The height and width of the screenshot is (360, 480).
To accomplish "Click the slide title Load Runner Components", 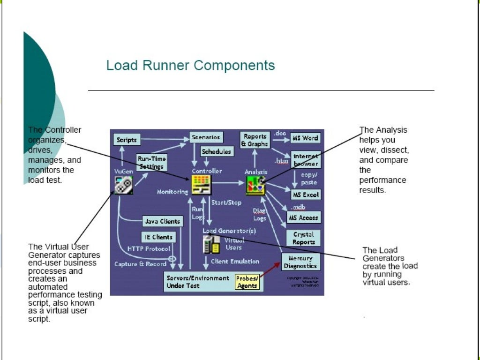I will pyautogui.click(x=190, y=65).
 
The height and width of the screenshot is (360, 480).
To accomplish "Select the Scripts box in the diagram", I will pyautogui.click(x=127, y=140).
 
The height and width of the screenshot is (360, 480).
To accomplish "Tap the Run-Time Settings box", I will pyautogui.click(x=151, y=163).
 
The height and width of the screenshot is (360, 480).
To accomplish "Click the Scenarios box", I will pyautogui.click(x=206, y=137).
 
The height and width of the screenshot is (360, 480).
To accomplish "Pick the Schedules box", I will pyautogui.click(x=217, y=151).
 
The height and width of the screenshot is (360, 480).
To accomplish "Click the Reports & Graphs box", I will pyautogui.click(x=255, y=140).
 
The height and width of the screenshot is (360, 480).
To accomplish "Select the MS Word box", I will pyautogui.click(x=305, y=138).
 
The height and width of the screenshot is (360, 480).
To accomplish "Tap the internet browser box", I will pyautogui.click(x=306, y=160).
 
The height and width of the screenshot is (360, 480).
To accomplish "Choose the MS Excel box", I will pyautogui.click(x=306, y=195).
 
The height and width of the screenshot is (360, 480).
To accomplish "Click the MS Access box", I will pyautogui.click(x=304, y=217).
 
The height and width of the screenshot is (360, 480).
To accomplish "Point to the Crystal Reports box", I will pyautogui.click(x=304, y=238).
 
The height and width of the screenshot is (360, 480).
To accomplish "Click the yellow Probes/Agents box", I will pyautogui.click(x=247, y=282).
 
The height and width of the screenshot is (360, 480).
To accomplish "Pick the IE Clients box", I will pyautogui.click(x=159, y=237).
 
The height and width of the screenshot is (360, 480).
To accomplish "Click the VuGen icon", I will pyautogui.click(x=124, y=185).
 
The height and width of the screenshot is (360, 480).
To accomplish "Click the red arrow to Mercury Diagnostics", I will pyautogui.click(x=270, y=270).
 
